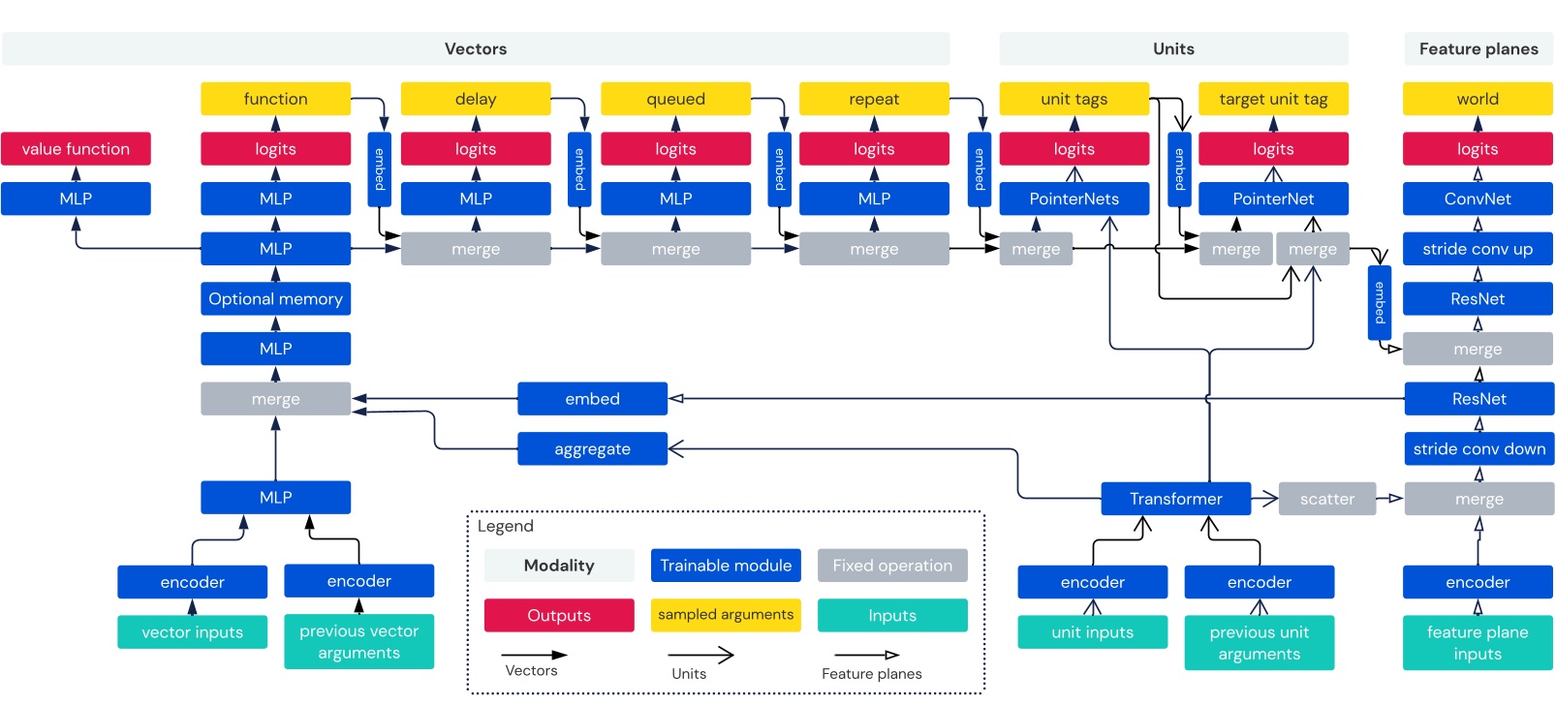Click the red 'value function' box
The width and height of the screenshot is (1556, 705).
(76, 149)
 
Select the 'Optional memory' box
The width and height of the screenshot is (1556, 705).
(275, 299)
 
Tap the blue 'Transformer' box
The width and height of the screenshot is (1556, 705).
(1175, 499)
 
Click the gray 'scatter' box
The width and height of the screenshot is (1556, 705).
(1326, 499)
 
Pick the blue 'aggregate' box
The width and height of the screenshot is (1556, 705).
(592, 449)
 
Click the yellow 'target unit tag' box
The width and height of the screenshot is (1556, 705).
(1273, 99)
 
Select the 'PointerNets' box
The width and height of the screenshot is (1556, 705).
(1074, 199)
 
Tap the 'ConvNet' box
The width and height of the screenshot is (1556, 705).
(1478, 199)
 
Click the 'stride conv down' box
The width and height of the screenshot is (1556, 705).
(1478, 449)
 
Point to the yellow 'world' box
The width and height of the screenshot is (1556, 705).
(1478, 99)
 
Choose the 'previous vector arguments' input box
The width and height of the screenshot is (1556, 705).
(358, 641)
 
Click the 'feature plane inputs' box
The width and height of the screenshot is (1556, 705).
(1478, 642)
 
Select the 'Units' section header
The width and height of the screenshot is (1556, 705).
(1173, 48)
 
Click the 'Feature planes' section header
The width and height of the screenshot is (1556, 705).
(1478, 48)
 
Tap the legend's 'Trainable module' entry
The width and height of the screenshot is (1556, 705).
(726, 566)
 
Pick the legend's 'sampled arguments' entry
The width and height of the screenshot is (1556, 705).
(726, 615)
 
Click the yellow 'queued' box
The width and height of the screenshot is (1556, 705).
(675, 99)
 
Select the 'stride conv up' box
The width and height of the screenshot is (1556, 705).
(1478, 249)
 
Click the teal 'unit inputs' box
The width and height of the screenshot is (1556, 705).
(1092, 632)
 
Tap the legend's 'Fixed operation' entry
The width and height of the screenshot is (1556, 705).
(892, 566)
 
